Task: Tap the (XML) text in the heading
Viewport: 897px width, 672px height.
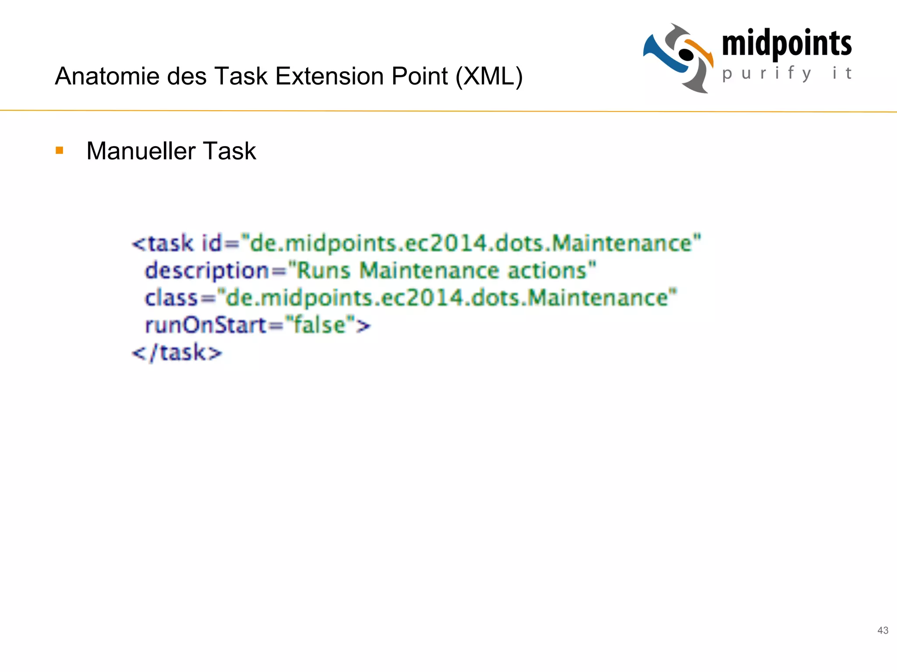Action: pos(489,77)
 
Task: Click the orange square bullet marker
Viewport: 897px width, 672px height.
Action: pos(60,151)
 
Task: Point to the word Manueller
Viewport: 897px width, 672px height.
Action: pos(141,151)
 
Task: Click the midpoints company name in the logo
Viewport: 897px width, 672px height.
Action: pos(787,44)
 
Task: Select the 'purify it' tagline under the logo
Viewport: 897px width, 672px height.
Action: pos(787,73)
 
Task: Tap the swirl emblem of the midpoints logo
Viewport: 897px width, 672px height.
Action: pos(678,58)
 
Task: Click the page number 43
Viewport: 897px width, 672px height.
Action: pos(883,630)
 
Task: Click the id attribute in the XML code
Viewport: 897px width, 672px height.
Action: pos(212,243)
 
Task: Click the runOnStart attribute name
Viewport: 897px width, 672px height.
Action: pos(205,325)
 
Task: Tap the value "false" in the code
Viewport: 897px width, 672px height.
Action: pos(319,325)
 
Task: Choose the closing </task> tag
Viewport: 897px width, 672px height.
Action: pos(177,353)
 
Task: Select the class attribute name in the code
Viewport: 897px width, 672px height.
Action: pos(171,298)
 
